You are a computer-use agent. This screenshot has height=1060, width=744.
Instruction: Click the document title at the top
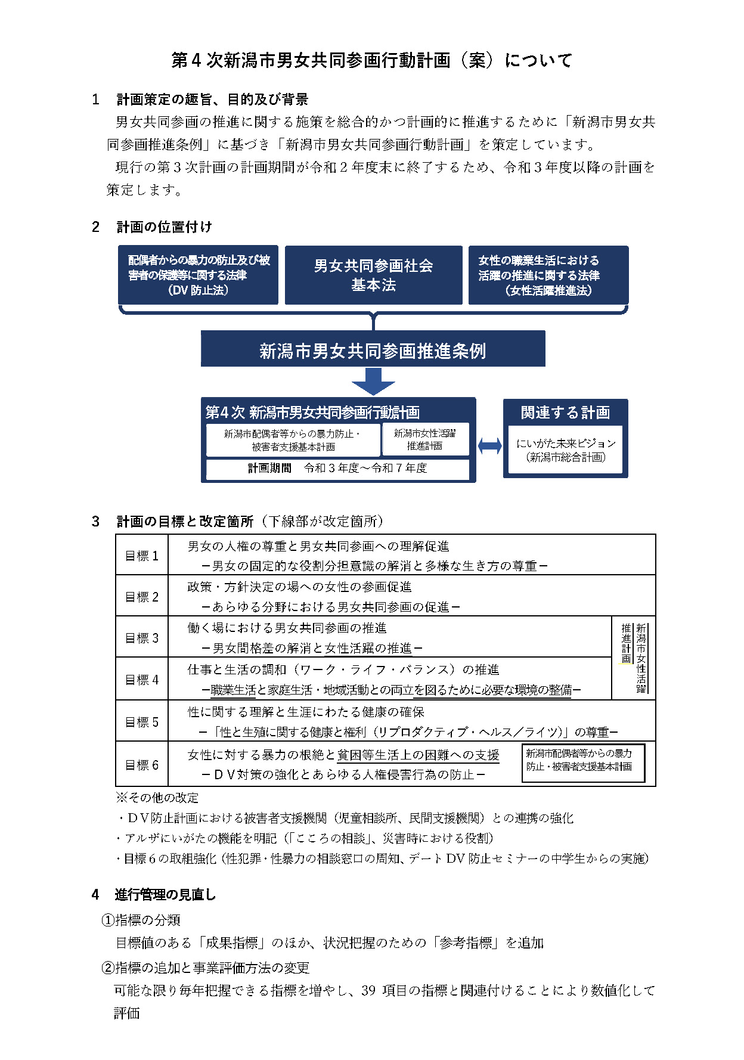click(371, 60)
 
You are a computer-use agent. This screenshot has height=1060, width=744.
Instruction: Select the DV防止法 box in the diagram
click(198, 275)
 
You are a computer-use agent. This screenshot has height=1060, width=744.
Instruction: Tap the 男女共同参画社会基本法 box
click(373, 275)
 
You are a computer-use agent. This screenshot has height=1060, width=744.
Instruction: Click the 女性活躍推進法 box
click(548, 275)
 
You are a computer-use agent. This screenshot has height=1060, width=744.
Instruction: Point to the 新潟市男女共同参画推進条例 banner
click(373, 349)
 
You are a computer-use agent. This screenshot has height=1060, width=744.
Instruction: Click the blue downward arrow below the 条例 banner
click(373, 381)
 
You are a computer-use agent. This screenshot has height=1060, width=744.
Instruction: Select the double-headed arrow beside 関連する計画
click(489, 445)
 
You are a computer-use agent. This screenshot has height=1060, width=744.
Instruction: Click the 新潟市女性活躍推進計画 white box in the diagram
click(424, 439)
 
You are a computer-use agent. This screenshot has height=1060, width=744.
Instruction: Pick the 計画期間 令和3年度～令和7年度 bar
click(337, 468)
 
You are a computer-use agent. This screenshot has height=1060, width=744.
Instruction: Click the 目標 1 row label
click(142, 556)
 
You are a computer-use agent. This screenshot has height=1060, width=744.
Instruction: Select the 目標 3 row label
click(142, 638)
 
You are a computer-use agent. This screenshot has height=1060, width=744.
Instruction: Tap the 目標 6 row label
click(142, 765)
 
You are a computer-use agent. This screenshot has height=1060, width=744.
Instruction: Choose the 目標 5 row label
click(142, 722)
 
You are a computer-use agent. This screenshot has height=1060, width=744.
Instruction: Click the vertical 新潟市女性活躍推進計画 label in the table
click(634, 658)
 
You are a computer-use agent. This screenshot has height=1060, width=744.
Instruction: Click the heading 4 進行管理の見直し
click(154, 894)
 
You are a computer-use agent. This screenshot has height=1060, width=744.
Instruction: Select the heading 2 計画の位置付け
click(152, 227)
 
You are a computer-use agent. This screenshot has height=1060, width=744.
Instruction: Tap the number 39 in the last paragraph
click(368, 990)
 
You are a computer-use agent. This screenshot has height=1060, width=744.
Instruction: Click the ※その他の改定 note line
click(157, 798)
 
